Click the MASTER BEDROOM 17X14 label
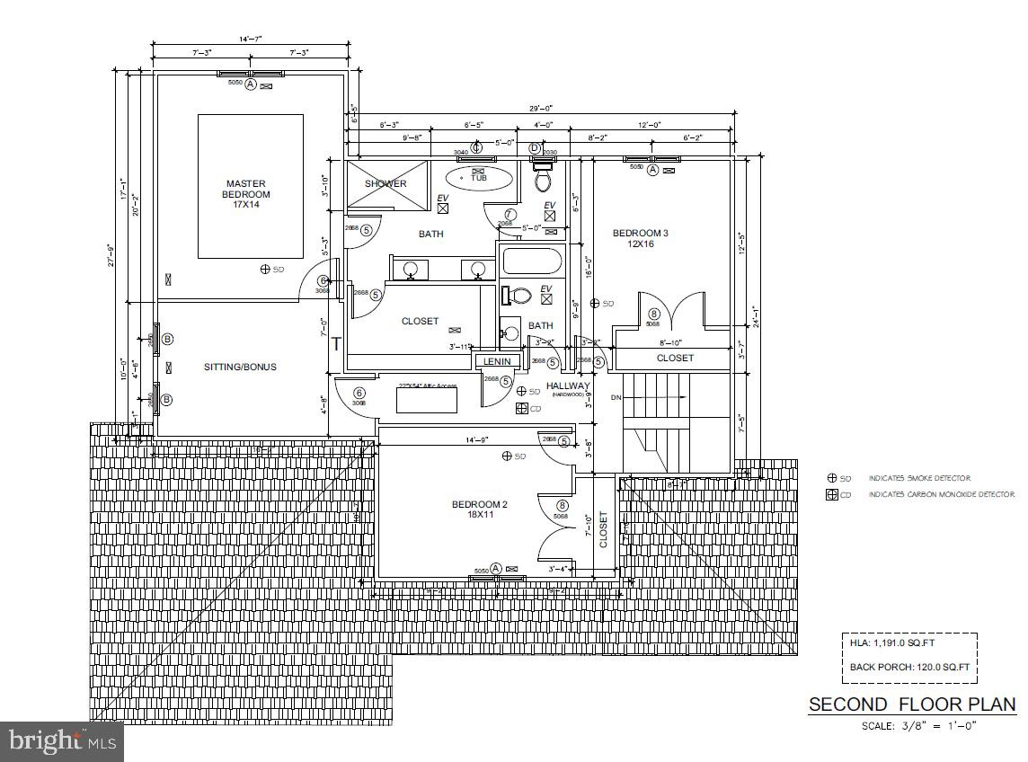click(x=246, y=194)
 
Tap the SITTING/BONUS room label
click(x=240, y=367)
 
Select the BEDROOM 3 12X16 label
click(x=640, y=238)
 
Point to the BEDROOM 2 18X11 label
click(x=479, y=509)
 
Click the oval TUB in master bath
click(x=479, y=176)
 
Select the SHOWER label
click(x=385, y=183)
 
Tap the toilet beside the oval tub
click(x=543, y=179)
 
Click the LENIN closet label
click(x=497, y=361)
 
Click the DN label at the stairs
click(x=616, y=397)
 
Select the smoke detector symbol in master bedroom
click(x=265, y=269)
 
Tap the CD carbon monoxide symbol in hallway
click(x=522, y=408)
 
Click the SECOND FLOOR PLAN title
click(x=911, y=704)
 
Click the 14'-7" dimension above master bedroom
click(x=250, y=39)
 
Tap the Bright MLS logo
click(x=61, y=741)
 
